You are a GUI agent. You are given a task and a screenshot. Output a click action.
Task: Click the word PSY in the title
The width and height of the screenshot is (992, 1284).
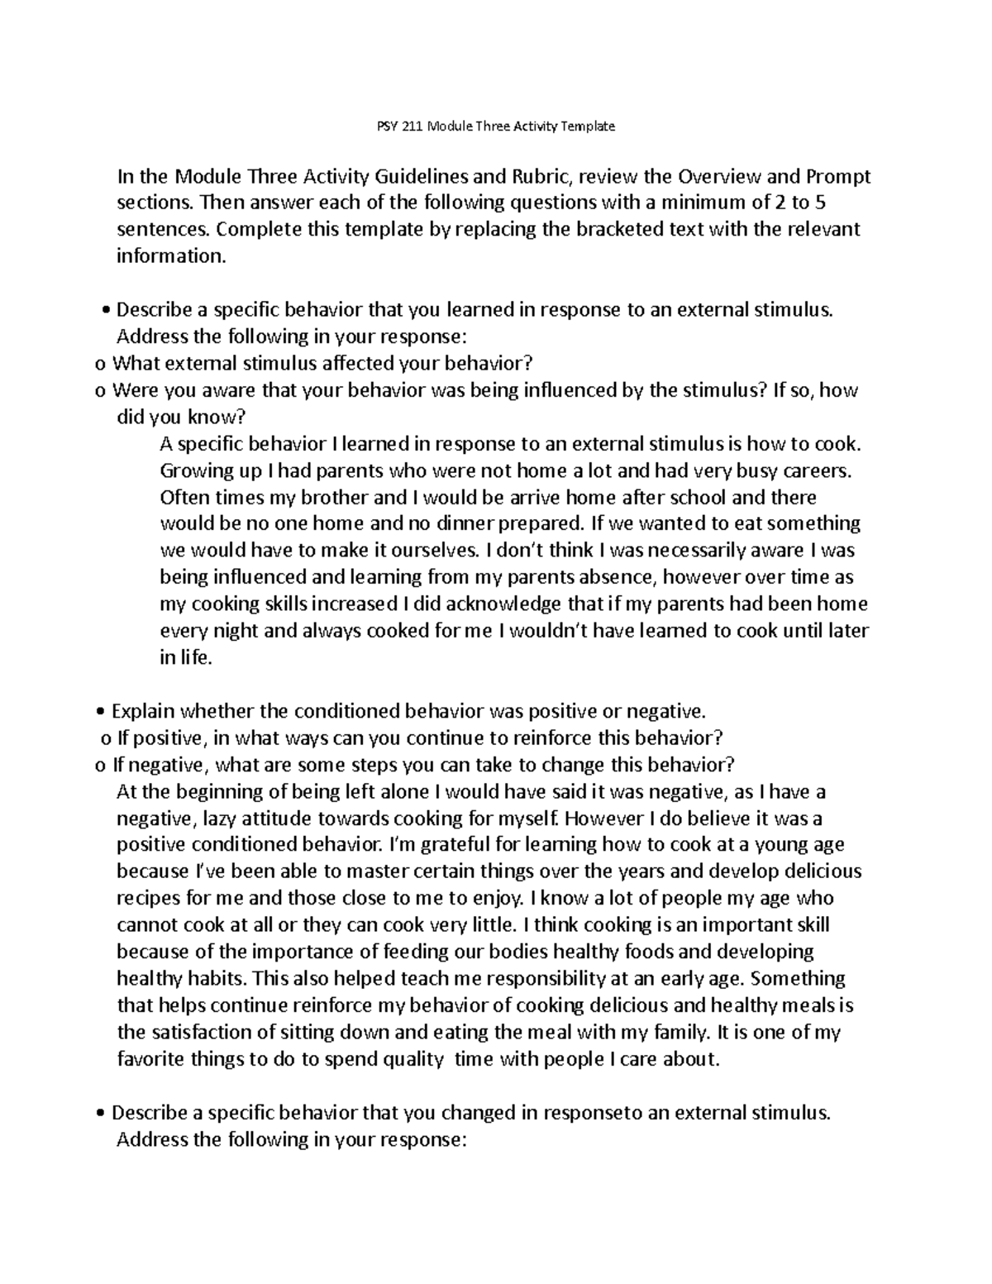pos(376,126)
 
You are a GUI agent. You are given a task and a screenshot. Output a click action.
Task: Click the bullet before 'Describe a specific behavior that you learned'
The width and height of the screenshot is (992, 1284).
pos(105,311)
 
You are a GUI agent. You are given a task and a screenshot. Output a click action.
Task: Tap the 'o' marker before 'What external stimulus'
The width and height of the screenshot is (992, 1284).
pos(100,364)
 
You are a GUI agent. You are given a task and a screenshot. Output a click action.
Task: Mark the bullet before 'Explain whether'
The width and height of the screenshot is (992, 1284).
pos(100,712)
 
